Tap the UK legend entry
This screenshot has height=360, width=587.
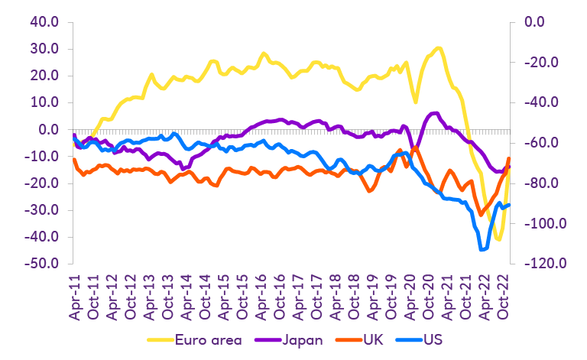(373, 340)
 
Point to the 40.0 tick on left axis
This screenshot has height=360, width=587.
(44, 22)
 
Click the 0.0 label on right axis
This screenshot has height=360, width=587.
(539, 22)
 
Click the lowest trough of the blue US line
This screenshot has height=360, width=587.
(483, 249)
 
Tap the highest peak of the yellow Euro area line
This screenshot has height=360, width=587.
(437, 48)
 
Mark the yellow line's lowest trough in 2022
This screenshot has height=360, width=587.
(498, 239)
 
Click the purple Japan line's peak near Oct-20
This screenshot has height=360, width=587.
(434, 113)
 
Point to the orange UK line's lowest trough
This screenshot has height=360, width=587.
(480, 215)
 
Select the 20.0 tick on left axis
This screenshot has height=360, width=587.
(44, 76)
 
